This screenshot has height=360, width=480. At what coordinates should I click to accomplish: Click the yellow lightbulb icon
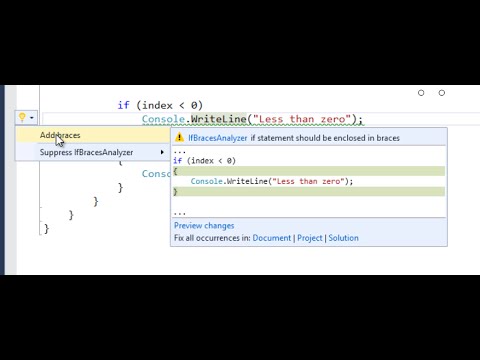tap(22, 118)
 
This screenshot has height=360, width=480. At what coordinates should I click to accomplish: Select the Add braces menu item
tap(60, 135)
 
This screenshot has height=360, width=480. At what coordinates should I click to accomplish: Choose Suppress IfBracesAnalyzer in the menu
tap(85, 153)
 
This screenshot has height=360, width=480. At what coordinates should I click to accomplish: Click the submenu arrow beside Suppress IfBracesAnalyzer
tap(162, 153)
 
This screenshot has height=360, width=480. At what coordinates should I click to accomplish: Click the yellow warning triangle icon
tap(180, 137)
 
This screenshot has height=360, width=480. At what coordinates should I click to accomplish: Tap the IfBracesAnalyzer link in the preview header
tap(217, 137)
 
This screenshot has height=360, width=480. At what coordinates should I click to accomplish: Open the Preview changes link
tap(204, 226)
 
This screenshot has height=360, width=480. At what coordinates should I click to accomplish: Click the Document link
tap(272, 238)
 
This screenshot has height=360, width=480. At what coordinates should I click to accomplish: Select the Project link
tap(310, 238)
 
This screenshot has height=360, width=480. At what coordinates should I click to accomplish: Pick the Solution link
tap(343, 238)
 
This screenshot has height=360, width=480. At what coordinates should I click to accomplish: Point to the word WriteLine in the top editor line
tap(219, 120)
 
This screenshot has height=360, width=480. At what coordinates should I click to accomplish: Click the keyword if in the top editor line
tap(123, 105)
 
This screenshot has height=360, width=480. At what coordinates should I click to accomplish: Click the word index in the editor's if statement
tap(155, 105)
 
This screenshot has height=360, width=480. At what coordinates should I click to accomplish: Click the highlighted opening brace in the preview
tap(175, 171)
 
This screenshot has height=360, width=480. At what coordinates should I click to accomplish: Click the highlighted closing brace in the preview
tap(175, 191)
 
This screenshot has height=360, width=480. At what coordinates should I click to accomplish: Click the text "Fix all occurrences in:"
tap(211, 238)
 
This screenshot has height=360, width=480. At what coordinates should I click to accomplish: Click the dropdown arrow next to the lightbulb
tap(32, 118)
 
